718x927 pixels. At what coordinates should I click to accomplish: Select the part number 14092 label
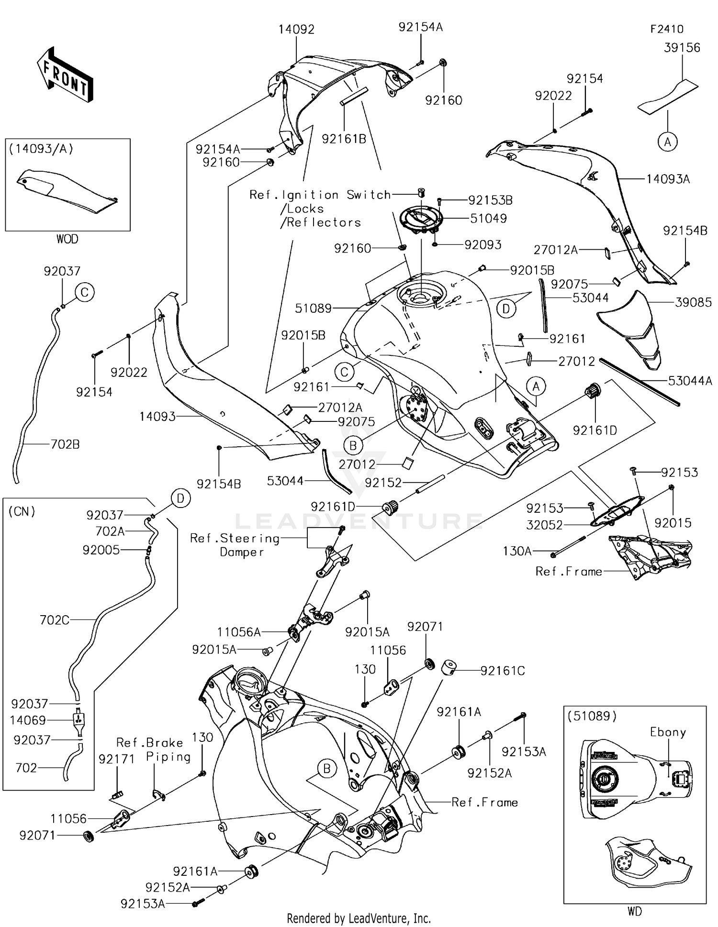[296, 30]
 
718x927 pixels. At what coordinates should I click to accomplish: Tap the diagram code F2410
[667, 29]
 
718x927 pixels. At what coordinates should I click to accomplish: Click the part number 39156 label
[682, 47]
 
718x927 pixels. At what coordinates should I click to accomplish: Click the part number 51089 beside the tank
[313, 308]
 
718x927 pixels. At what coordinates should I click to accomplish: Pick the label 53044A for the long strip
[690, 381]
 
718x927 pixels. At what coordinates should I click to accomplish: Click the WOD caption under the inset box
[67, 239]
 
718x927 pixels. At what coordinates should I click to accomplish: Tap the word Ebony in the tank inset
[668, 732]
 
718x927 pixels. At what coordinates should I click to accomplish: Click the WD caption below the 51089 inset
[635, 911]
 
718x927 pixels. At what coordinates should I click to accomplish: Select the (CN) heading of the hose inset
[22, 511]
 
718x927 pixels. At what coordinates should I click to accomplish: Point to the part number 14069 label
[29, 720]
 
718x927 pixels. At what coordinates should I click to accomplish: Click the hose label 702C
[55, 620]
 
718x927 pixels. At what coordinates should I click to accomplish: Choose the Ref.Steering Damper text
[236, 545]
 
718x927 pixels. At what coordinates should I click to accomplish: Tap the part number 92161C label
[503, 671]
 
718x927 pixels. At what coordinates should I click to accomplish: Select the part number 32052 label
[544, 525]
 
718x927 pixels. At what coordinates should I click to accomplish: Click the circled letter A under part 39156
[667, 142]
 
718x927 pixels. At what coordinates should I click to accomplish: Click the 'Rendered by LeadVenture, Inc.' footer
[359, 918]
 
